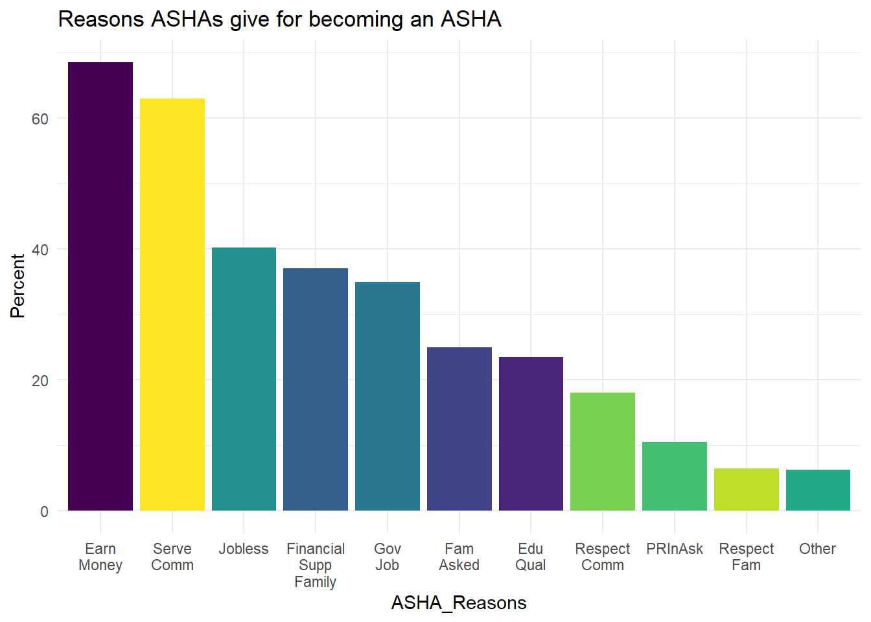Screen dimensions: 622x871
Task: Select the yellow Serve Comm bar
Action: click(x=172, y=305)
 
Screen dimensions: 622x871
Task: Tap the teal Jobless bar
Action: click(x=244, y=379)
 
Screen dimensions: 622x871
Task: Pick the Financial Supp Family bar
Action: click(x=316, y=389)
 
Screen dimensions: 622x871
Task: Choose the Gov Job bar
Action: click(x=388, y=396)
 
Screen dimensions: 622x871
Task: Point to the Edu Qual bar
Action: click(x=531, y=433)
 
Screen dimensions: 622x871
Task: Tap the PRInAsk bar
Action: click(x=675, y=476)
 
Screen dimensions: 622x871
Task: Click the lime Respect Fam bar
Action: click(x=747, y=489)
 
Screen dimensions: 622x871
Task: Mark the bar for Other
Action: click(x=818, y=490)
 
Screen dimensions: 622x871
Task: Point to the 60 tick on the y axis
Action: click(x=40, y=119)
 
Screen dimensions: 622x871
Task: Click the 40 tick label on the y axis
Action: click(x=40, y=249)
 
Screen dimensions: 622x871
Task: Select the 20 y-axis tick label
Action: click(x=40, y=380)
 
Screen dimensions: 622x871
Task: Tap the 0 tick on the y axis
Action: click(x=44, y=511)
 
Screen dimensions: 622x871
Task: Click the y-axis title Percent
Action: click(x=17, y=286)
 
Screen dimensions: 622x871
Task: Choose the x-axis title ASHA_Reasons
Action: click(x=459, y=603)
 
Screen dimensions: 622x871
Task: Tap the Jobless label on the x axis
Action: click(x=244, y=549)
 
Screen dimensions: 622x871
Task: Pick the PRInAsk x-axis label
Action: click(x=675, y=549)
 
